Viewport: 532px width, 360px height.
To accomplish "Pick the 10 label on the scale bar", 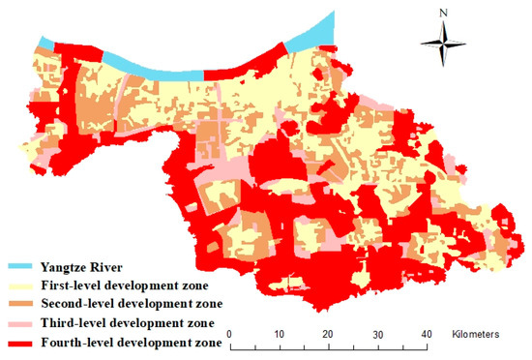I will (279, 334).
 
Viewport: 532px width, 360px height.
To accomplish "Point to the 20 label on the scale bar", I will (327, 334).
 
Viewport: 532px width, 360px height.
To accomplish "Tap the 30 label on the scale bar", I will (376, 334).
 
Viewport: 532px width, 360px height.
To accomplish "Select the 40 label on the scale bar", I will (425, 334).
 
